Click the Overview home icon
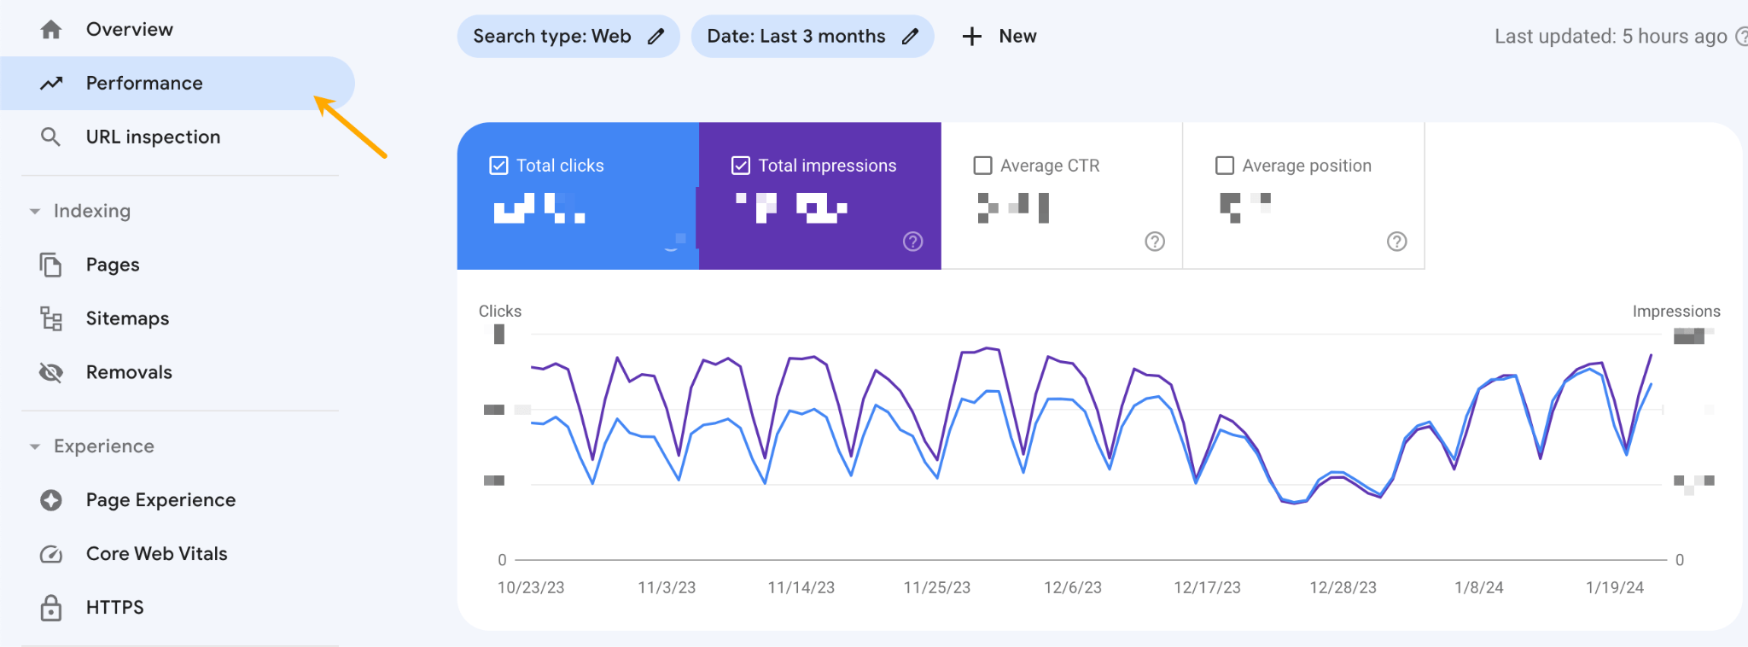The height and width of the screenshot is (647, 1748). tap(51, 30)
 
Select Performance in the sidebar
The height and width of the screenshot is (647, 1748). tap(144, 83)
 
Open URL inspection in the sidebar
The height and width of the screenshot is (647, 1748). tap(153, 137)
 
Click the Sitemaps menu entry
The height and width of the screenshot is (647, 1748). tap(127, 318)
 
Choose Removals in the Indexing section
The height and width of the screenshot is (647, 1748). tap(129, 372)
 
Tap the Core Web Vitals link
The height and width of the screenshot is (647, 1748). tap(156, 554)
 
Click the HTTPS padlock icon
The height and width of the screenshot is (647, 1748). tap(51, 608)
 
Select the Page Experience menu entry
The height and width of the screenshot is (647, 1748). tap(160, 500)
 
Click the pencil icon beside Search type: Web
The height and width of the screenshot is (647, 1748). tap(655, 37)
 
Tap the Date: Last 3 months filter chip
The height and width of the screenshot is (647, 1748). tap(812, 37)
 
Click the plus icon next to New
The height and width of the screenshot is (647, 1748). tap(971, 37)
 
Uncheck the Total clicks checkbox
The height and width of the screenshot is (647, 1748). tap(498, 166)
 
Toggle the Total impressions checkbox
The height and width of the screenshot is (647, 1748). tap(741, 166)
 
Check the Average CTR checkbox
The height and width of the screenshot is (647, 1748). tap(983, 166)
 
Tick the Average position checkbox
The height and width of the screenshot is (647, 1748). tap(1225, 166)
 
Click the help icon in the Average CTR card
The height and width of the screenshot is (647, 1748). tap(1155, 242)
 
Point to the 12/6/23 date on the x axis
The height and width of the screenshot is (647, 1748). tap(1073, 587)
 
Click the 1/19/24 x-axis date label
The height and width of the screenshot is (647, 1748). tap(1614, 587)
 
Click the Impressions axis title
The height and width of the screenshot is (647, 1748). tap(1675, 312)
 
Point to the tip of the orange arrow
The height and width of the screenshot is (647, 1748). tap(316, 97)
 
